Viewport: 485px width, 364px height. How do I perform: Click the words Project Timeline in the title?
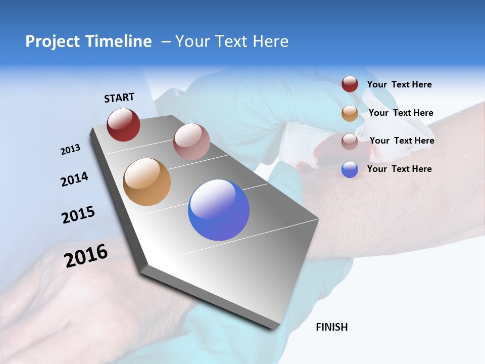(88, 41)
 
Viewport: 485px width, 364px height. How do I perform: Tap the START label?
(119, 98)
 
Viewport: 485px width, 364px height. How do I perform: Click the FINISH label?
(332, 327)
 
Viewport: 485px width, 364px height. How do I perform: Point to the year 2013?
(70, 150)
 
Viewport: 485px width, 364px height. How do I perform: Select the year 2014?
(74, 179)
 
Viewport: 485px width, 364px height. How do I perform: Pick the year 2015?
(78, 215)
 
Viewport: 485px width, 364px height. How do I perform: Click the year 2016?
(86, 256)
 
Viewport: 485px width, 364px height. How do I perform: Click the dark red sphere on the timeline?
(123, 124)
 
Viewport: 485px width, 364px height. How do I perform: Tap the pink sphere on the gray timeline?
(191, 142)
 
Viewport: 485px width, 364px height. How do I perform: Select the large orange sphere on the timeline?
(147, 182)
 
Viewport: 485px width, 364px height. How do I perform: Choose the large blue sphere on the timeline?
(219, 210)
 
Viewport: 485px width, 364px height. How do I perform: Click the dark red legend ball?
(350, 84)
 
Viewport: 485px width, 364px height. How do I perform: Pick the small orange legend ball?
(350, 113)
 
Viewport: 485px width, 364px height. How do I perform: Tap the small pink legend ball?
(350, 142)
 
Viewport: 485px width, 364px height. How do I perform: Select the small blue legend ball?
(350, 169)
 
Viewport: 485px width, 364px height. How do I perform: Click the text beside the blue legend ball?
(399, 169)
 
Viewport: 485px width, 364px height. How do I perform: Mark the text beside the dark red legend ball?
(399, 84)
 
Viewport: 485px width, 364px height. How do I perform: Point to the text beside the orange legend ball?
(401, 113)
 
